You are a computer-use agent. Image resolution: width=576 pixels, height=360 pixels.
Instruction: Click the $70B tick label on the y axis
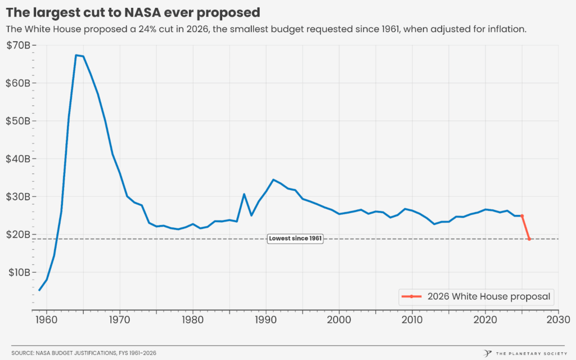tap(18, 45)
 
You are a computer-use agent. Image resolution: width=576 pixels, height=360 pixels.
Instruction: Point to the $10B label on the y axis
tap(18, 272)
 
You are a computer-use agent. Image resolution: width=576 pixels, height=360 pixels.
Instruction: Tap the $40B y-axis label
tap(18, 159)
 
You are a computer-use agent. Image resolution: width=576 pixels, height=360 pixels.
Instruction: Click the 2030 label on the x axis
tap(558, 319)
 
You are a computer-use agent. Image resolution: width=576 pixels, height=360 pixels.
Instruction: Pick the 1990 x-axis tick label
tap(265, 319)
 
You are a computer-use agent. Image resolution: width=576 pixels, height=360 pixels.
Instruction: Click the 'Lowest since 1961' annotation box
tap(295, 238)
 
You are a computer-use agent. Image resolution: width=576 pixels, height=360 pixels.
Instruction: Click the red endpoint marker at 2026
tap(529, 239)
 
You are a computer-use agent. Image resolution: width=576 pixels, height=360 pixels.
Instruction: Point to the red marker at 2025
tap(522, 215)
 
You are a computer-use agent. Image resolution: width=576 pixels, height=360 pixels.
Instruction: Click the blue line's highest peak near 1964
tap(76, 55)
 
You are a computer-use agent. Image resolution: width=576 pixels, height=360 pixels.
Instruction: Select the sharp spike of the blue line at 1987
tap(244, 194)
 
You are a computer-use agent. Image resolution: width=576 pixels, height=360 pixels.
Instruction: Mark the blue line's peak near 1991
tap(273, 179)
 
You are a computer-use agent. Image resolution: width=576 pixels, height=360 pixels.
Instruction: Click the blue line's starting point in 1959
tap(39, 290)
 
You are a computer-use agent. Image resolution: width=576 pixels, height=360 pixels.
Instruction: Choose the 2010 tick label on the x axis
tap(412, 319)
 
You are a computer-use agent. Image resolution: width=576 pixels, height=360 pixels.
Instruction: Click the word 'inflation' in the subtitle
tap(506, 29)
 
